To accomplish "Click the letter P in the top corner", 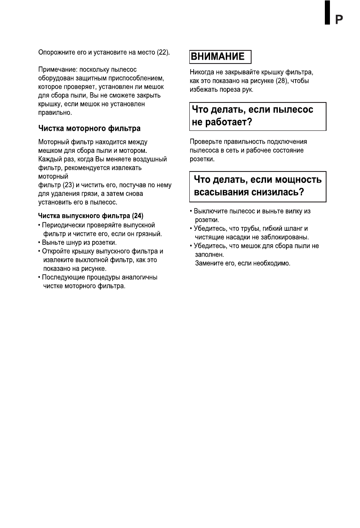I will pos(339,19).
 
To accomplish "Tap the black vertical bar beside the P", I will pos(327,12).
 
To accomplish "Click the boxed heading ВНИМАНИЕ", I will pos(218,57).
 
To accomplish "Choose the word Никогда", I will pos(202,72).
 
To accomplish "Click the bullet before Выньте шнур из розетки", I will pos(39,243).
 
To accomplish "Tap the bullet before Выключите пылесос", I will pos(191,211).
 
